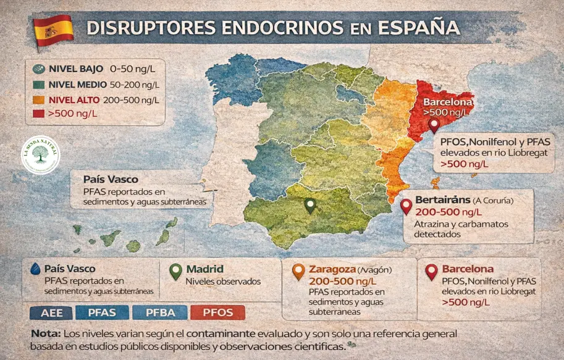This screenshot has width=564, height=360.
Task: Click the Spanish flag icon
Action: (53, 28)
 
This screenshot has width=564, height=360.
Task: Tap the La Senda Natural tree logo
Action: (41, 154)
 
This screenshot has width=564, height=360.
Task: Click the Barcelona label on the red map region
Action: (448, 103)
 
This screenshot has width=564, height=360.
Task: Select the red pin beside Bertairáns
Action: (406, 206)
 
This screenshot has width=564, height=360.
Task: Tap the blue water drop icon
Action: (35, 269)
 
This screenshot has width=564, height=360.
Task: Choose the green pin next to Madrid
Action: (176, 270)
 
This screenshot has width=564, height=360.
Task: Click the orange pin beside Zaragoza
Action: (298, 270)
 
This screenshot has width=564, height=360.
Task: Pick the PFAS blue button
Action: (102, 312)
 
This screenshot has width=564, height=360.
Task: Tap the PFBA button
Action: (161, 312)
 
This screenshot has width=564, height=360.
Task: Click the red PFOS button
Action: (217, 312)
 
